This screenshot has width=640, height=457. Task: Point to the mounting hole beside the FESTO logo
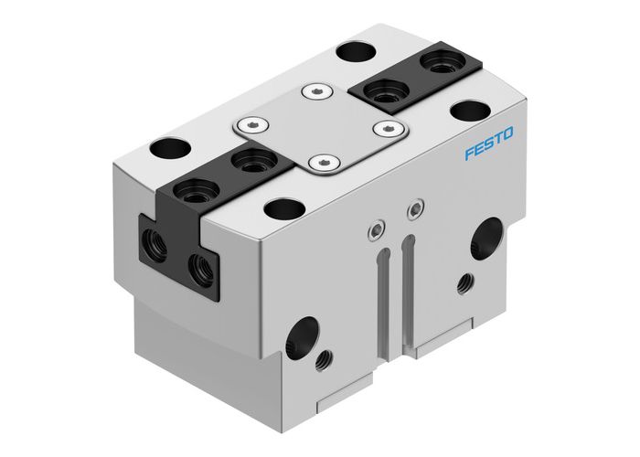click(x=469, y=112)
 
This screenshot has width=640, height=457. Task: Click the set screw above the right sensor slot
click(x=416, y=209)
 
